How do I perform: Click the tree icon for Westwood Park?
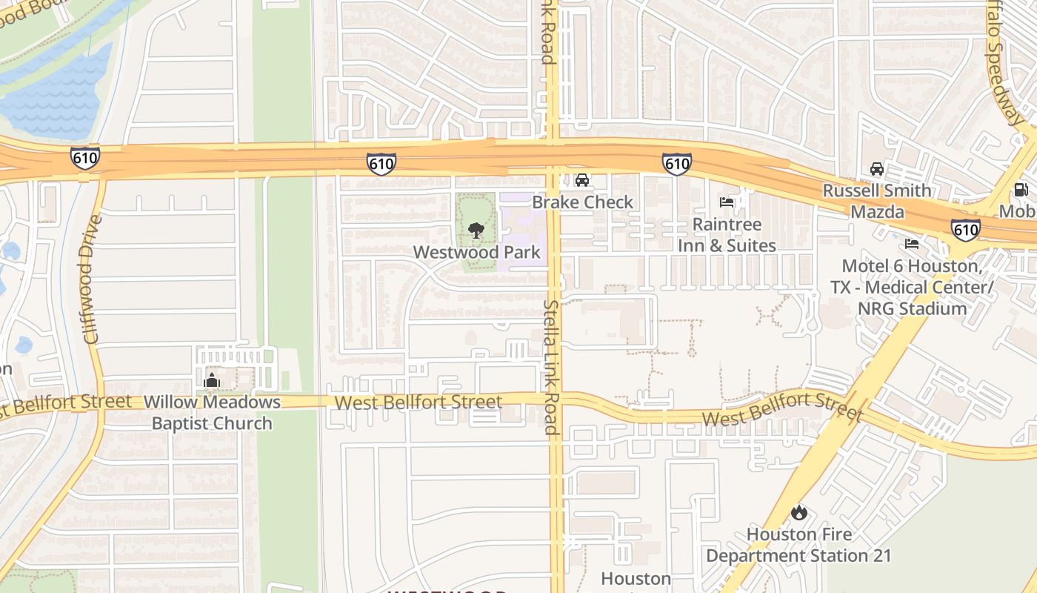(476, 231)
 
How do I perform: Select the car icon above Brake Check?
(583, 180)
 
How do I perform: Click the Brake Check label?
(583, 202)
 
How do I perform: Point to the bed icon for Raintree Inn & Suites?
(727, 202)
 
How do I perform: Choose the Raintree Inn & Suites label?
(727, 234)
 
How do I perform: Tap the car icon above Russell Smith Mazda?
(877, 169)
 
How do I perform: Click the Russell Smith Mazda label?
(877, 201)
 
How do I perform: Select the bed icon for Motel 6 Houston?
(912, 244)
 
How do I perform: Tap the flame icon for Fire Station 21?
(798, 512)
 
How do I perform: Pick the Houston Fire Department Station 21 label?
(798, 545)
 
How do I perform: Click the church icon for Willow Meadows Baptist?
(212, 381)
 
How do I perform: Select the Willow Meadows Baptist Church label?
(212, 413)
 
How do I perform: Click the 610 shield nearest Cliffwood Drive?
(85, 158)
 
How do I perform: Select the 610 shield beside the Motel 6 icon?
(966, 230)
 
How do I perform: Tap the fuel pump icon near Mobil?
(1021, 191)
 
